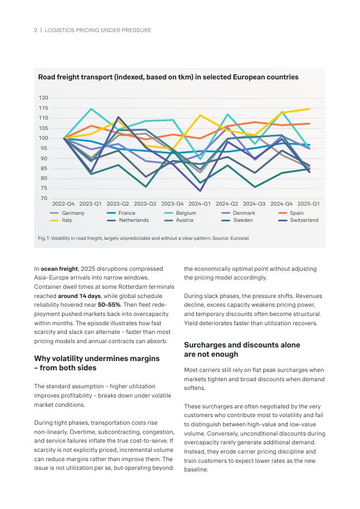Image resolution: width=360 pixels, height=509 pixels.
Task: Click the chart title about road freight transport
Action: [x=168, y=77]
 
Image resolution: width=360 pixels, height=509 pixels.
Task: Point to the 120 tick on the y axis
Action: [x=44, y=98]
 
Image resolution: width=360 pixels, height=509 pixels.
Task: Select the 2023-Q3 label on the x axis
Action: [x=145, y=204]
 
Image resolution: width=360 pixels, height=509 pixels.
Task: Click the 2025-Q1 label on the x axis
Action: [x=309, y=204]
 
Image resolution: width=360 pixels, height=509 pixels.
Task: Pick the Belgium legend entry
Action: [x=186, y=213]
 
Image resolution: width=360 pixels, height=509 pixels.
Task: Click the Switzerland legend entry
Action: [x=303, y=220]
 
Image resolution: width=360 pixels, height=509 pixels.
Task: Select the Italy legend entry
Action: [x=66, y=220]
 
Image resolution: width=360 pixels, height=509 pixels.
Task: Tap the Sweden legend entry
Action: [x=243, y=220]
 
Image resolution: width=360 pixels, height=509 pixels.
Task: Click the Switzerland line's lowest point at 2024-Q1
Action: [x=200, y=191]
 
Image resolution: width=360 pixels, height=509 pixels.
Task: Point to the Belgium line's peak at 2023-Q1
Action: [x=91, y=109]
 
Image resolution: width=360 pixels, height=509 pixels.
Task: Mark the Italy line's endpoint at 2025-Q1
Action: [x=309, y=109]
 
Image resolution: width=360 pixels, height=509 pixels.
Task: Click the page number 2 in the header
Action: [x=36, y=30]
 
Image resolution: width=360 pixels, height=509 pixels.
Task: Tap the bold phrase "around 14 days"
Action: [x=80, y=295]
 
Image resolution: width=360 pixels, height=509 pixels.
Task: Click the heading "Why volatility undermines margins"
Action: [x=97, y=359]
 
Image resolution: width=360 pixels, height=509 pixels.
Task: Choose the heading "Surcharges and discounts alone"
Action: [x=242, y=345]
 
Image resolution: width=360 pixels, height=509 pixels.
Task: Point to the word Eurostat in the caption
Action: [x=239, y=238]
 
